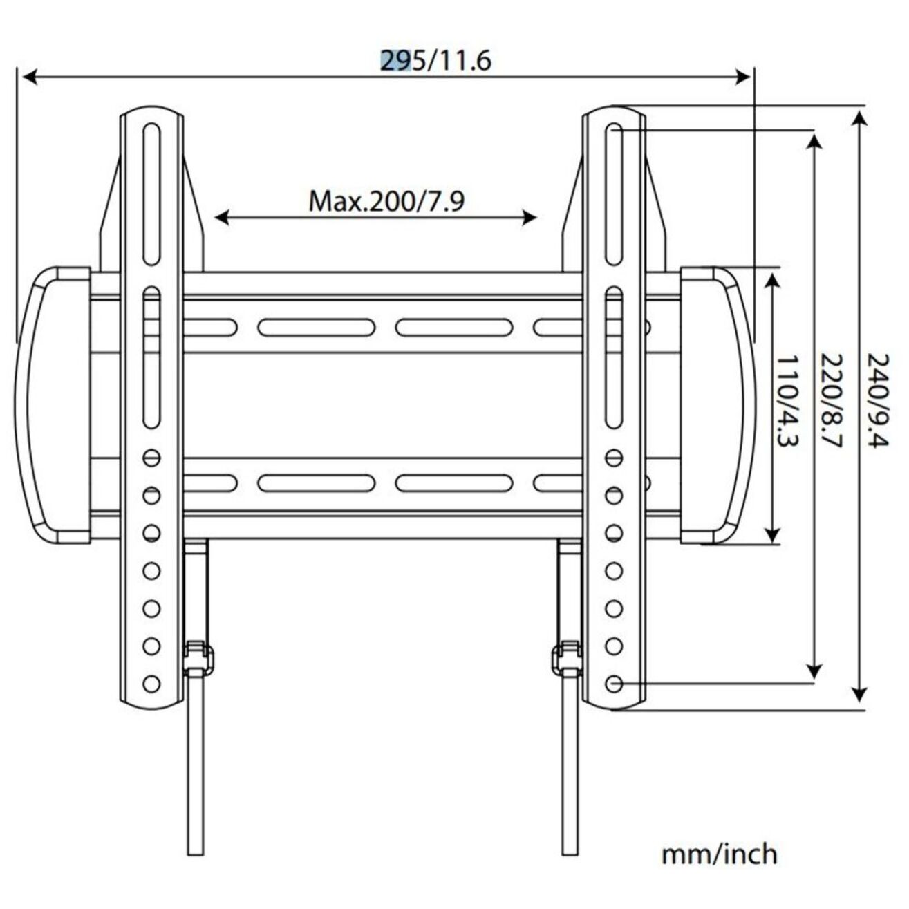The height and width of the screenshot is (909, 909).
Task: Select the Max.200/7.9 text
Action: [x=386, y=202]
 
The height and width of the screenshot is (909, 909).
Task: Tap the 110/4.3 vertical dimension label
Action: [x=788, y=400]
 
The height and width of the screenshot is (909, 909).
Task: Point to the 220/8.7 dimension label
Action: [x=830, y=400]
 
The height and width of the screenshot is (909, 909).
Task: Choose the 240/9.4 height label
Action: [x=877, y=400]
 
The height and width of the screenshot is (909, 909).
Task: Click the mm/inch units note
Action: [x=719, y=854]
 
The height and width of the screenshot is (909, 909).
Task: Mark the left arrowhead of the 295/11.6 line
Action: [x=28, y=77]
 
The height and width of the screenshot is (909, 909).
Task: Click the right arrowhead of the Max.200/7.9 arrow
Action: [x=530, y=218]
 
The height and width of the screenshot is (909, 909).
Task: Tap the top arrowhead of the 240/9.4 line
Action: [x=859, y=115]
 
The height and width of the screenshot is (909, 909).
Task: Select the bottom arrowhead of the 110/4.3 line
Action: [x=773, y=536]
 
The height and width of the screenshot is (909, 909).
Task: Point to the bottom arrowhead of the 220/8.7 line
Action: [x=815, y=672]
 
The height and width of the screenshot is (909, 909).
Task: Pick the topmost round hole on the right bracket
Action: [x=613, y=458]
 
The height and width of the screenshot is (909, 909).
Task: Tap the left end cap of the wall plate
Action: [x=52, y=405]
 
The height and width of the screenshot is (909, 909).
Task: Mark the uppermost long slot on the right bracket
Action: [x=615, y=194]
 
